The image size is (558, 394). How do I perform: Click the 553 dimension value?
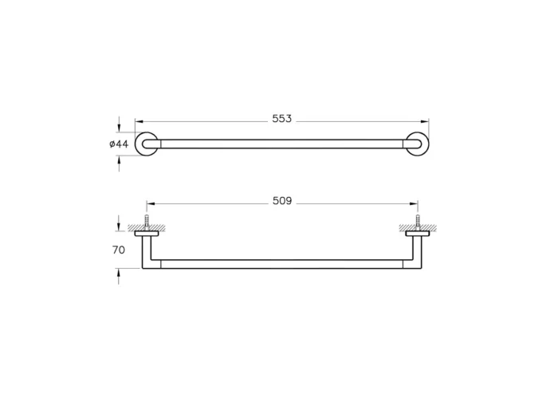click(282, 119)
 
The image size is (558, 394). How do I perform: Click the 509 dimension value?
click(282, 201)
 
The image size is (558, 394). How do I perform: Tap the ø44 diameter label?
click(119, 144)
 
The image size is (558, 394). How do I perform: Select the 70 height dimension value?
click(119, 250)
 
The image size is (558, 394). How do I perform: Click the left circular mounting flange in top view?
click(145, 144)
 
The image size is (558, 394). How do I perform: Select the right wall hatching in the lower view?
click(417, 228)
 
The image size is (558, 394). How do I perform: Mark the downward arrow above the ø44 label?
click(120, 128)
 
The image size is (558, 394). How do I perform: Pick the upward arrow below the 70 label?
click(120, 273)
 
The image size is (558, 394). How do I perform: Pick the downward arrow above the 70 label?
click(120, 227)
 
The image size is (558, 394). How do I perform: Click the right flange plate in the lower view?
click(417, 234)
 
